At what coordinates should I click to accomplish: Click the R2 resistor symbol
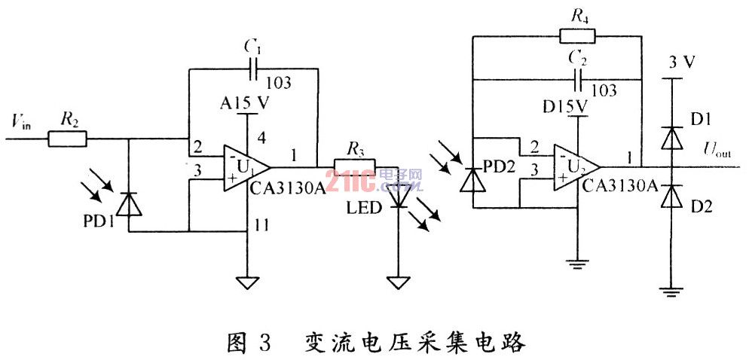click(68, 139)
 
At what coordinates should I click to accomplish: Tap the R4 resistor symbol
click(577, 35)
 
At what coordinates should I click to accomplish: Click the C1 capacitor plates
click(254, 69)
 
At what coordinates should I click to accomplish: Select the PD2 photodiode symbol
click(472, 180)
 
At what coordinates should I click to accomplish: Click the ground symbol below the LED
click(397, 282)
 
